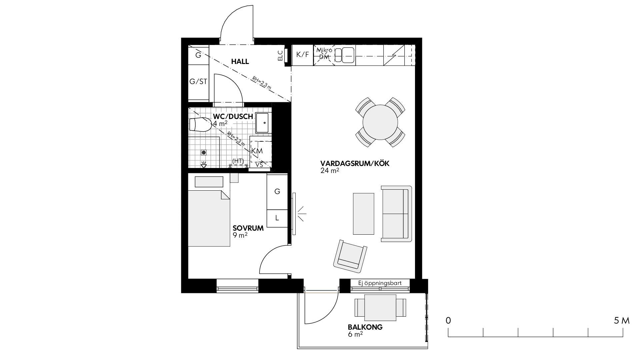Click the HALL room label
tap(240, 62)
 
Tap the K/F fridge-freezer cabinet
tap(303, 55)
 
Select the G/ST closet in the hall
tap(198, 81)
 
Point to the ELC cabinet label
tap(280, 56)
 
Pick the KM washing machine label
tap(257, 151)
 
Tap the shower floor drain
tap(204, 152)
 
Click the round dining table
tap(380, 122)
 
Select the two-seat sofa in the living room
tap(396, 214)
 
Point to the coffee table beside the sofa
tap(363, 214)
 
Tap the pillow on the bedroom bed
tap(209, 182)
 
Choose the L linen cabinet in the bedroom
tap(277, 218)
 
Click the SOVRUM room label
tap(248, 228)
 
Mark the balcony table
tap(380, 307)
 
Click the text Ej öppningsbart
tap(380, 283)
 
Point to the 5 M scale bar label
tap(621, 321)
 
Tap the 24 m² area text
tap(330, 171)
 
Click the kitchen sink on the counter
tap(345, 55)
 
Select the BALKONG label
tap(365, 327)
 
